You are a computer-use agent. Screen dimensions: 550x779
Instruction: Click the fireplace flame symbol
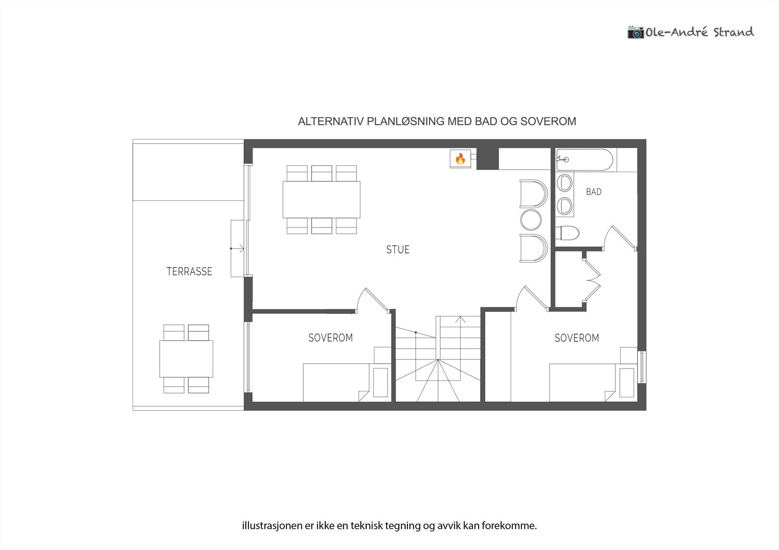460,159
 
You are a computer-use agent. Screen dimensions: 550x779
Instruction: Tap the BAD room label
594,192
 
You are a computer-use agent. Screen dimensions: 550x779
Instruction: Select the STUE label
398,249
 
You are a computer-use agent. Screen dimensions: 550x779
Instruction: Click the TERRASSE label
189,271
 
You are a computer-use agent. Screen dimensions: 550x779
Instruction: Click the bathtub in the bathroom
584,160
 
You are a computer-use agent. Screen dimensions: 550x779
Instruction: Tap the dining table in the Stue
321,199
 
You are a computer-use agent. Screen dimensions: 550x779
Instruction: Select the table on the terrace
186,359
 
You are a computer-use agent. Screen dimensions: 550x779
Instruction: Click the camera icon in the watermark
635,32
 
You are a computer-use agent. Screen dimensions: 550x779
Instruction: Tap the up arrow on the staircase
461,319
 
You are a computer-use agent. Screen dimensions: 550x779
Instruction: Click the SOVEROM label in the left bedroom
330,337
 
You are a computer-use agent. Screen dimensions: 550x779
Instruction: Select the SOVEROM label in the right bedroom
576,337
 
